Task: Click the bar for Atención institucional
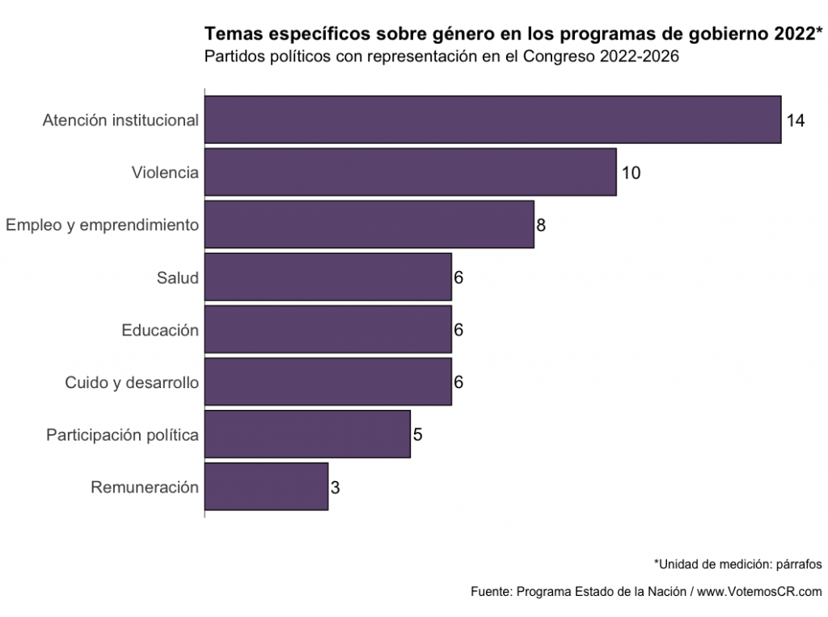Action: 492,120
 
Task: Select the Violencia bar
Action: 410,171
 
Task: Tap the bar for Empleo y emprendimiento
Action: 369,224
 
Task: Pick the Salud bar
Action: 327,277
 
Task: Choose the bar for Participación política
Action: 307,434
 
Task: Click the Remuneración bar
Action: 266,487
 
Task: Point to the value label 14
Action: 796,120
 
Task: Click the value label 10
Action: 632,173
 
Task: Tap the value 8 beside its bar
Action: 541,226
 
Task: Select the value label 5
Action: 417,435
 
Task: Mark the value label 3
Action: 335,488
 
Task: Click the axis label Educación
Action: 160,330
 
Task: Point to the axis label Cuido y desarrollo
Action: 132,382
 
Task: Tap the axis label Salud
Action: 178,277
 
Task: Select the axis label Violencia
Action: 165,172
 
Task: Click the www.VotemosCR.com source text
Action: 759,591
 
